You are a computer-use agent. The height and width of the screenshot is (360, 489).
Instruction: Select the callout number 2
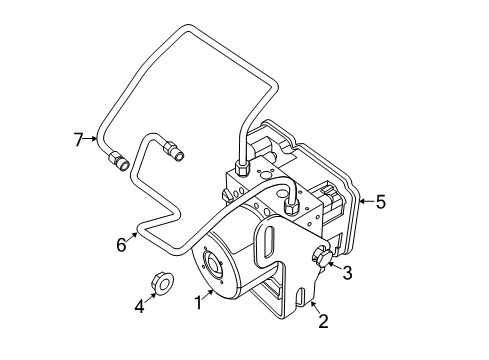tap(322, 320)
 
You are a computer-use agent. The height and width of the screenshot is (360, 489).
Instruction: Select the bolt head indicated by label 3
tap(323, 256)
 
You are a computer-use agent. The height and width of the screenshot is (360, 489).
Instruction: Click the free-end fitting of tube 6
tap(174, 152)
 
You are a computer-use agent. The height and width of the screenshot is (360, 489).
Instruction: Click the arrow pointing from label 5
tap(365, 201)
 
